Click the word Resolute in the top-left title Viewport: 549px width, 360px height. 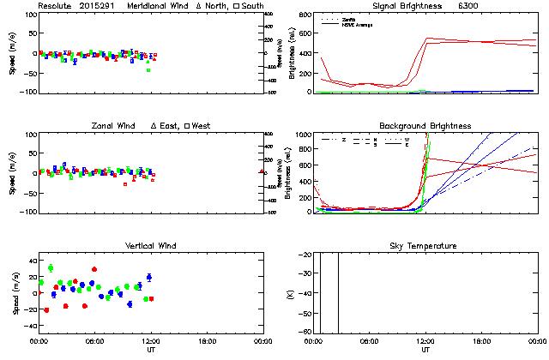(x=55, y=6)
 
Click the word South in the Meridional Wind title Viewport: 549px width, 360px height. (x=252, y=6)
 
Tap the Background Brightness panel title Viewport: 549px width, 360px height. (x=425, y=126)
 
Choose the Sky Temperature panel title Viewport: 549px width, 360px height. (x=425, y=246)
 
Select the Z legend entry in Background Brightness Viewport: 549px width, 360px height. (x=343, y=139)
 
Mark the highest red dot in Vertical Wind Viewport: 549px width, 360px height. (x=94, y=269)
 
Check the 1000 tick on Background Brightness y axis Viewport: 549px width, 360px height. (x=304, y=135)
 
